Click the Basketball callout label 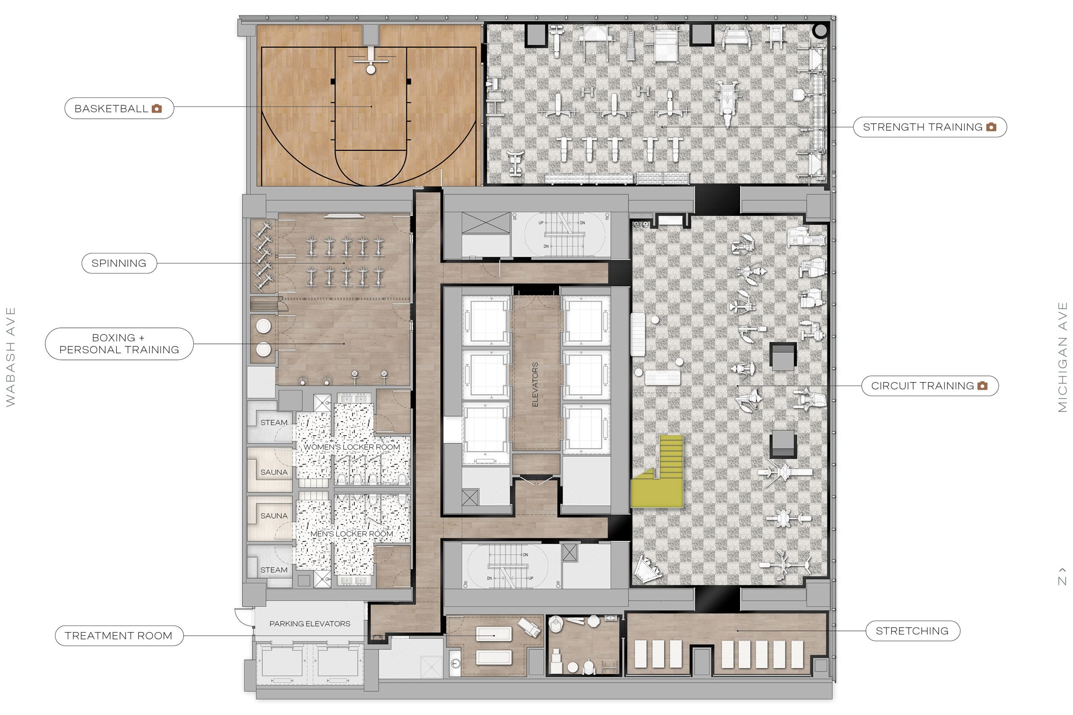(x=111, y=108)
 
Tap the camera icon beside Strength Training (x=991, y=127)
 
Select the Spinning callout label (x=119, y=263)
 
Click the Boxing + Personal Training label (x=119, y=344)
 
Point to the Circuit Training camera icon (x=982, y=386)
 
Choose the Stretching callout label (x=912, y=631)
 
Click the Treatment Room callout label (x=119, y=636)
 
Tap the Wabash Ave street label (x=10, y=357)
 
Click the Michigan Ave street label (x=1063, y=357)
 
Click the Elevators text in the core (x=535, y=385)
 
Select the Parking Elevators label (x=310, y=624)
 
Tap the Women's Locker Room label (x=351, y=447)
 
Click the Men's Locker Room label (x=351, y=534)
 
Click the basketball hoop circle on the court (x=371, y=70)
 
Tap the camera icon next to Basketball (x=156, y=108)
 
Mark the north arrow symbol (x=1063, y=576)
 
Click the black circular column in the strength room (x=820, y=31)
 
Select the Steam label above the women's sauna (x=274, y=423)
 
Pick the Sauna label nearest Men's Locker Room (x=274, y=516)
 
